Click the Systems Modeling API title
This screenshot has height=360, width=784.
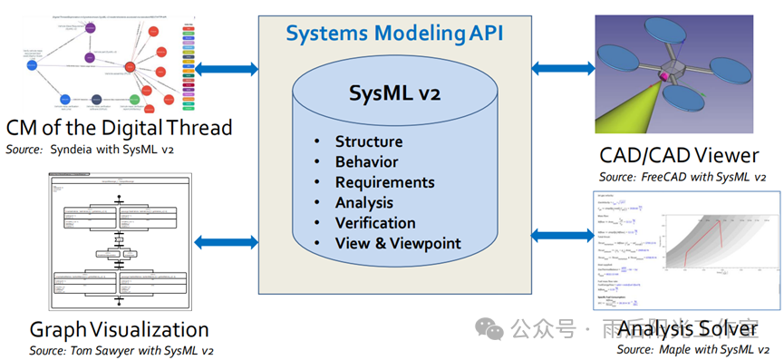[394, 34]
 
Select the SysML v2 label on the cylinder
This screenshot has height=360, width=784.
[394, 93]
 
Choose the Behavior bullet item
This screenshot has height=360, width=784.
[366, 162]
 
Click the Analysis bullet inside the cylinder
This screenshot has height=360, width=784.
[363, 202]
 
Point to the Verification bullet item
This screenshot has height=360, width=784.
[375, 223]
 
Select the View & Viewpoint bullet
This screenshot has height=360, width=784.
[398, 243]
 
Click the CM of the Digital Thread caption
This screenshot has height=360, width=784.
[119, 127]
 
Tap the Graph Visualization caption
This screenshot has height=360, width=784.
[119, 329]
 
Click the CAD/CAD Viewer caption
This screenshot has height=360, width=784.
[679, 155]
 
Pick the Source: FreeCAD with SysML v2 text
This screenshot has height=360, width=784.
[682, 176]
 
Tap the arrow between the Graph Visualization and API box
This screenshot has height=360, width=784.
[227, 241]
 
